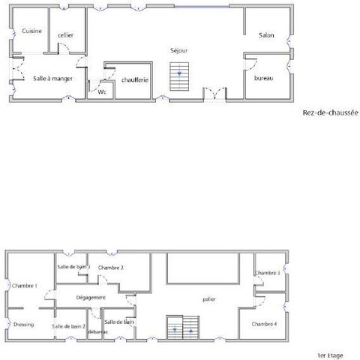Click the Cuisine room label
pyautogui.click(x=31, y=31)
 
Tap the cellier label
pyautogui.click(x=65, y=35)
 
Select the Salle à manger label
pyautogui.click(x=53, y=79)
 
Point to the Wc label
pyautogui.click(x=102, y=92)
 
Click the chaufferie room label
pyautogui.click(x=135, y=80)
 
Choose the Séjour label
pyautogui.click(x=179, y=51)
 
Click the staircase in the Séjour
pyautogui.click(x=179, y=76)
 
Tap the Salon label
pyautogui.click(x=266, y=35)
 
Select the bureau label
pyautogui.click(x=264, y=78)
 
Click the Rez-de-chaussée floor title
pyautogui.click(x=331, y=112)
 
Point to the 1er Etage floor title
pyautogui.click(x=330, y=355)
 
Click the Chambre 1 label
pyautogui.click(x=25, y=286)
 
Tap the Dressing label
pyautogui.click(x=23, y=325)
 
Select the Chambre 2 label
pyautogui.click(x=111, y=268)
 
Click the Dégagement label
pyautogui.click(x=91, y=298)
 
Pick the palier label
pyautogui.click(x=209, y=299)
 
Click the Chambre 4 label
pyautogui.click(x=264, y=324)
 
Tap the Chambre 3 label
pyautogui.click(x=267, y=273)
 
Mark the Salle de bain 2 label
pyautogui.click(x=69, y=326)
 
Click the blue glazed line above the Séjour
pyautogui.click(x=202, y=7)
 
